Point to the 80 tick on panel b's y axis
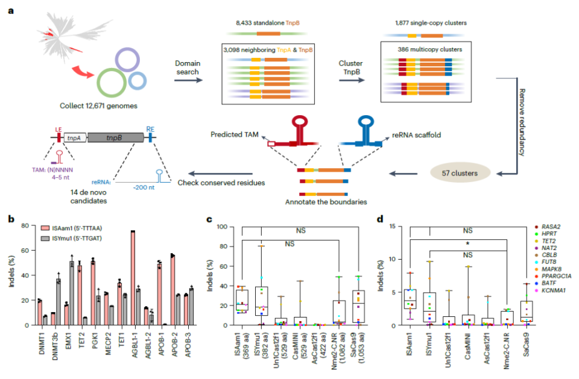click(26, 226)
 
